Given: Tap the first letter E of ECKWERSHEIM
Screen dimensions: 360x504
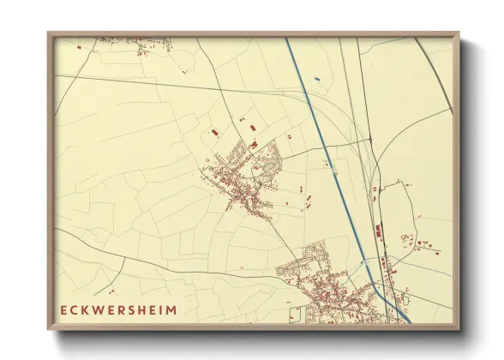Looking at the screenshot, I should point(63,309).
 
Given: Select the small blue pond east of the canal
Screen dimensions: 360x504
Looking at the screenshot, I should point(317,80).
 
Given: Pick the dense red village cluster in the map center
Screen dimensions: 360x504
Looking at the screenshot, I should point(244,180).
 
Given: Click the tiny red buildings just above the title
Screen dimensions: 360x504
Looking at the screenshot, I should point(111,291).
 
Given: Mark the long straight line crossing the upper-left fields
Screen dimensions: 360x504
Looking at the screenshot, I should point(171,83).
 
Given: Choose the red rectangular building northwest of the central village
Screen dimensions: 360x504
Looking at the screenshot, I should point(213,133).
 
